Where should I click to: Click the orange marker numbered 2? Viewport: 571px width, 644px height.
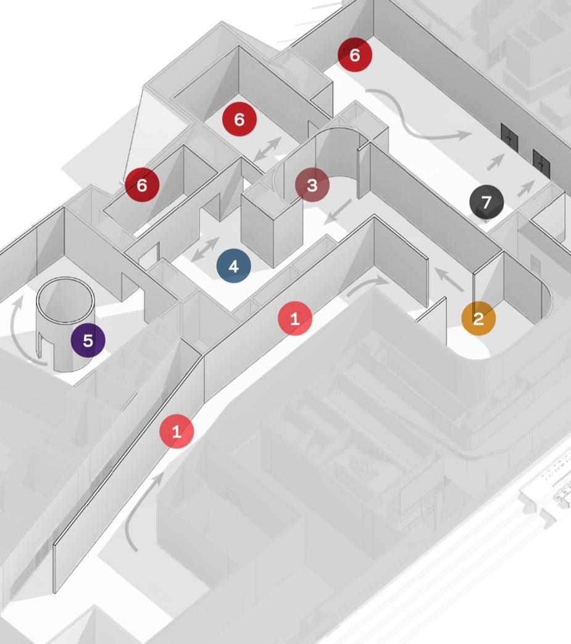[x=478, y=318]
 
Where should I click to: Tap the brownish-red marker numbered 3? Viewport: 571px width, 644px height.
[x=312, y=185]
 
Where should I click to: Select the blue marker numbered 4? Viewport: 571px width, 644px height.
[x=233, y=266]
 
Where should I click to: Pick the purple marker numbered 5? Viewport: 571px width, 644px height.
[x=88, y=341]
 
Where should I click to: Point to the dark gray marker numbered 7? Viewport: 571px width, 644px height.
[x=486, y=202]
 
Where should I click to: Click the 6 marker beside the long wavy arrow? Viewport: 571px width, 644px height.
[x=354, y=55]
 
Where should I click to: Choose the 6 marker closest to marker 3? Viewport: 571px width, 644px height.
[x=239, y=119]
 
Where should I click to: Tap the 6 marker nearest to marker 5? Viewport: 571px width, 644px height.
[x=142, y=184]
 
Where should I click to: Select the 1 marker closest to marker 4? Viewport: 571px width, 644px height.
[x=294, y=319]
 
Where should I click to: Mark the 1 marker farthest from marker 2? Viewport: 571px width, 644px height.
[x=177, y=432]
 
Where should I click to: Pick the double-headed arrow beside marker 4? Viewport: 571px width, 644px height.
[x=204, y=249]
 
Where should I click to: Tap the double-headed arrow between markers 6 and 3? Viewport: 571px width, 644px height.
[x=267, y=150]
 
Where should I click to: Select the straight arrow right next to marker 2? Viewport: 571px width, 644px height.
[x=449, y=279]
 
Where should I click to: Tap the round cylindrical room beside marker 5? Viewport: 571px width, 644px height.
[x=65, y=321]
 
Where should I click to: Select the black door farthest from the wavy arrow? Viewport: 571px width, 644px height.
[x=541, y=162]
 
